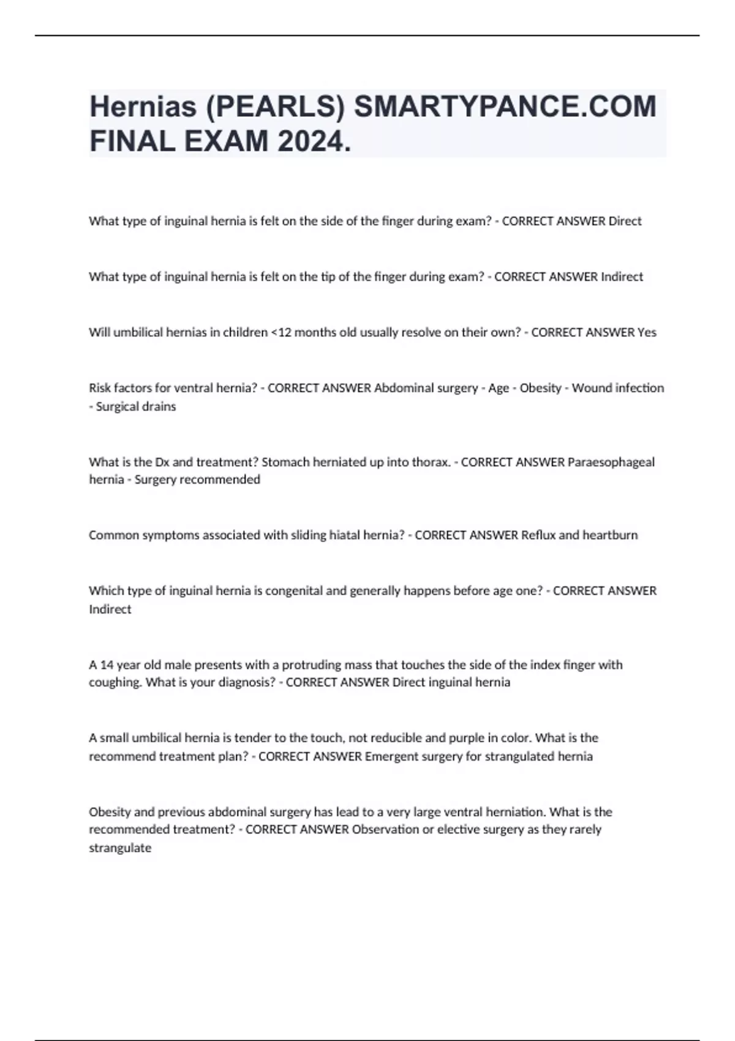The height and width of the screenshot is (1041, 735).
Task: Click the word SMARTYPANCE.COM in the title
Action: point(505,107)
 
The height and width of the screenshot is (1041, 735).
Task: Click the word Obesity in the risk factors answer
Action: point(540,388)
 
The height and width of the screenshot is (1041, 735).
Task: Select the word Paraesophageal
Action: point(611,462)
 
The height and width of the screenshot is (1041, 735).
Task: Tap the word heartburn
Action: point(610,535)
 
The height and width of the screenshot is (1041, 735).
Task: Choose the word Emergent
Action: point(391,756)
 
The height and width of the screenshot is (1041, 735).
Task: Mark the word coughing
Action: point(116,683)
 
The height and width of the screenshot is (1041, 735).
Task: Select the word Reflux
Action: point(538,535)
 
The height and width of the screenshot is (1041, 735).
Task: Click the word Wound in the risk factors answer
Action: point(589,388)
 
